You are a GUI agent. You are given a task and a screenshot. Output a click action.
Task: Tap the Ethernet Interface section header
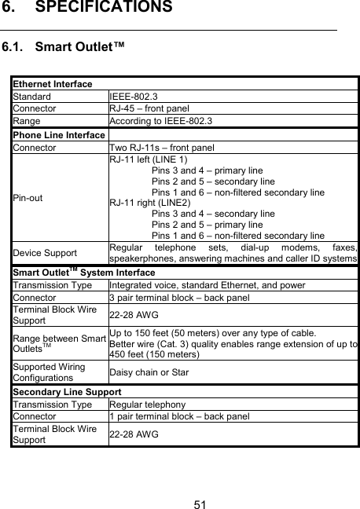pyautogui.click(x=52, y=84)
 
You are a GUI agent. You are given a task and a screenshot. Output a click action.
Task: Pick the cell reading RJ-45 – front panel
pyautogui.click(x=160, y=108)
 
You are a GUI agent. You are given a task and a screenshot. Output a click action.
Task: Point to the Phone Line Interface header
pyautogui.click(x=58, y=134)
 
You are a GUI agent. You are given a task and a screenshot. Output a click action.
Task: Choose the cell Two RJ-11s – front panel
pyautogui.click(x=162, y=147)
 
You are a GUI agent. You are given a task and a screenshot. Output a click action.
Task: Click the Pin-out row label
pyautogui.click(x=28, y=197)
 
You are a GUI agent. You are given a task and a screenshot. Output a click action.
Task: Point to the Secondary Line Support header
pyautogui.click(x=66, y=391)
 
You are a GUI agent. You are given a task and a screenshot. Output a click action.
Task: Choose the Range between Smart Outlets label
pyautogui.click(x=60, y=343)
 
